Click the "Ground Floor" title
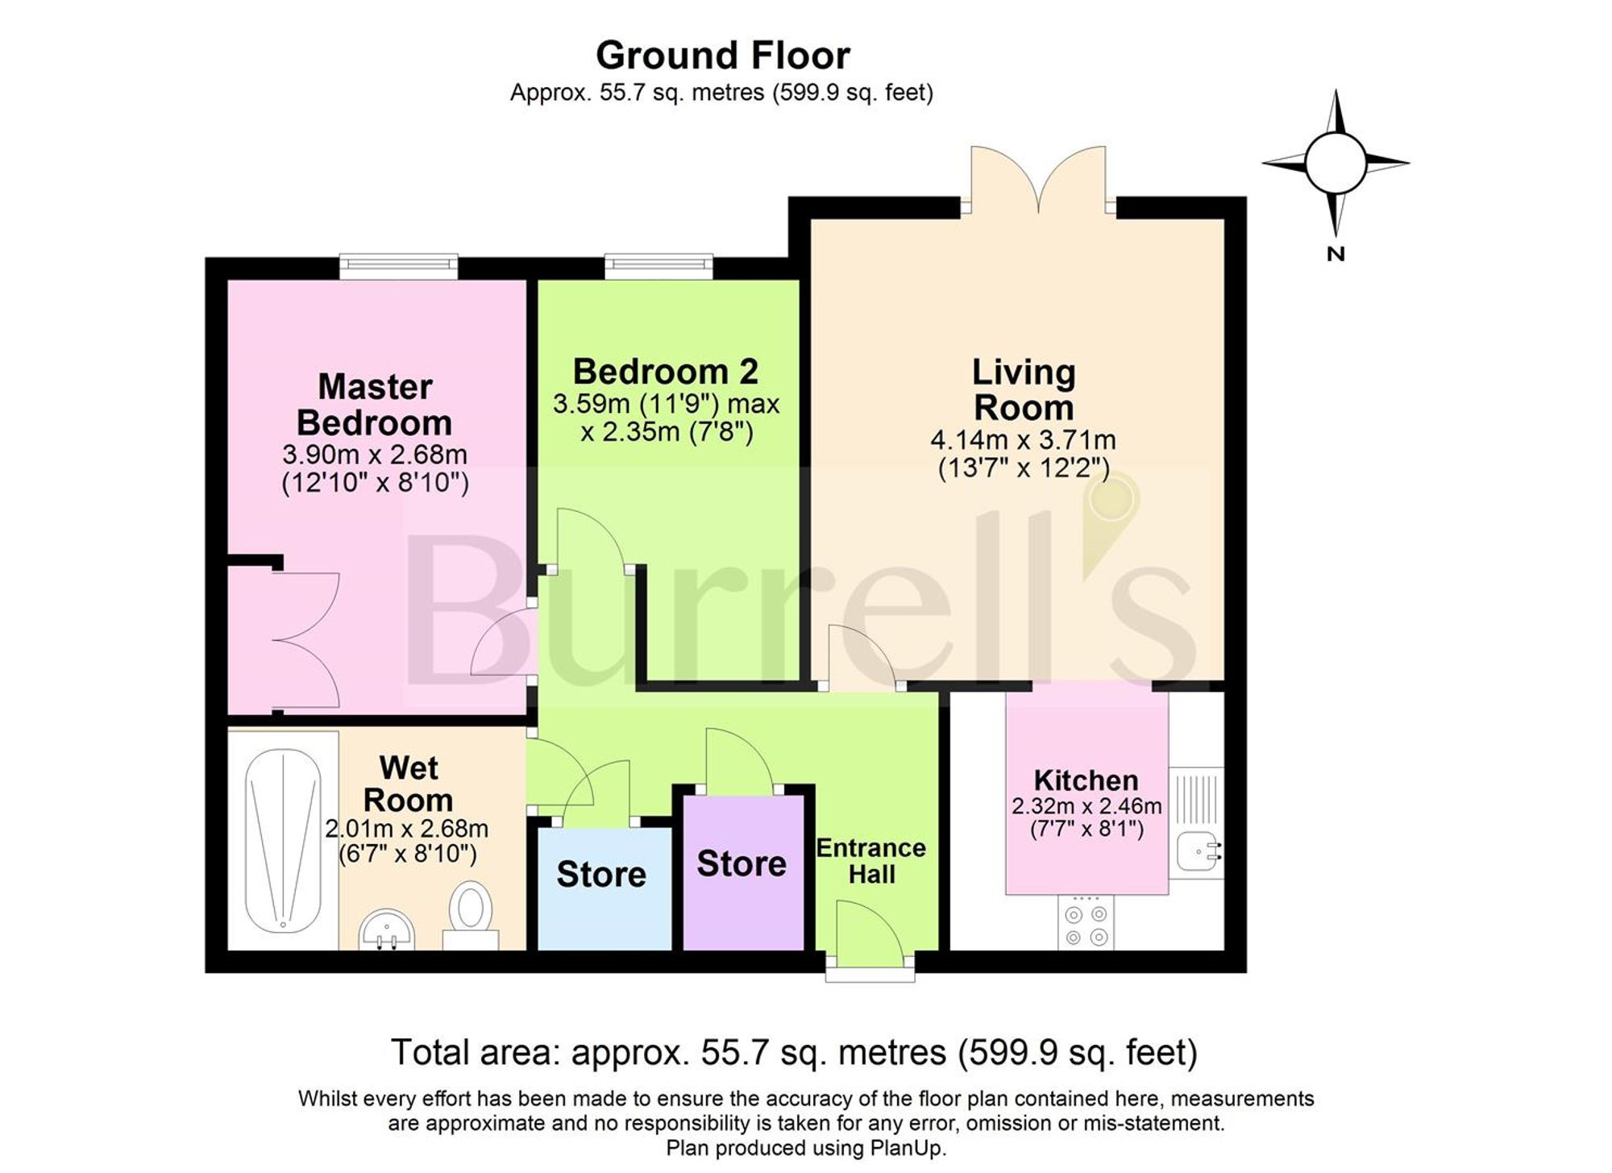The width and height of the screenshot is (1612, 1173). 723,56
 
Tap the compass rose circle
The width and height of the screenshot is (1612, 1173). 1335,163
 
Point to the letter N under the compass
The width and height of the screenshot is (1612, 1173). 1336,254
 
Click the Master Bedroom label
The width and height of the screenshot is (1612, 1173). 375,405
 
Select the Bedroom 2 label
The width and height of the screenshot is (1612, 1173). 666,372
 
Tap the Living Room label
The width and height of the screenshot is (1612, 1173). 1024,389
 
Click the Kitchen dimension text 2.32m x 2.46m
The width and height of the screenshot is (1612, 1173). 1086,805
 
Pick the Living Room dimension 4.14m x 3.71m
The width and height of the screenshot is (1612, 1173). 1024,440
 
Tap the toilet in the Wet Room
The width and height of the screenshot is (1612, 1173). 472,915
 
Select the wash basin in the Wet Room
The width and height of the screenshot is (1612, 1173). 388,929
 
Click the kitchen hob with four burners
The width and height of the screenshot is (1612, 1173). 1086,923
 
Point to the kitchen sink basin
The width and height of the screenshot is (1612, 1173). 1199,851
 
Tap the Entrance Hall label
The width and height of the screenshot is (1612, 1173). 871,861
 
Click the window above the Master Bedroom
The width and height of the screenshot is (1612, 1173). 399,267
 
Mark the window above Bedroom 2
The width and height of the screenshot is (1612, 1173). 659,267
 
